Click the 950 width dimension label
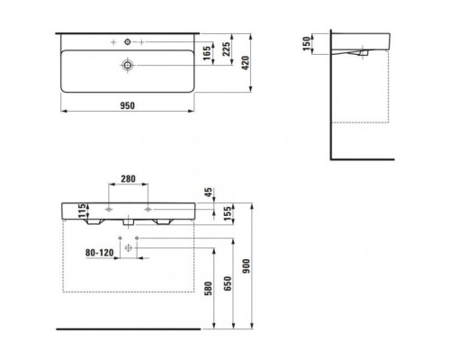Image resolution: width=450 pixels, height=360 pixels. (x=128, y=105)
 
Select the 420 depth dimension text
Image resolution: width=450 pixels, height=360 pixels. (x=246, y=63)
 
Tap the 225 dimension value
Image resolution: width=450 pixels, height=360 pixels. (x=227, y=49)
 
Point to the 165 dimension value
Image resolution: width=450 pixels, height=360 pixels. (x=207, y=53)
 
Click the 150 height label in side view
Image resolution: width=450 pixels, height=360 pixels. (x=306, y=44)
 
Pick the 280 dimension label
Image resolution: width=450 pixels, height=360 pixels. (x=128, y=179)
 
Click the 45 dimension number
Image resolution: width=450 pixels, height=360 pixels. (x=209, y=193)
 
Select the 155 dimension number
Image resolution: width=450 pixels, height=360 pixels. (x=228, y=213)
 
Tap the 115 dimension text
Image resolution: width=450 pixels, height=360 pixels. (x=82, y=211)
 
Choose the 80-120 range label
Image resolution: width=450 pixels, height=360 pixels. (x=100, y=253)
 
